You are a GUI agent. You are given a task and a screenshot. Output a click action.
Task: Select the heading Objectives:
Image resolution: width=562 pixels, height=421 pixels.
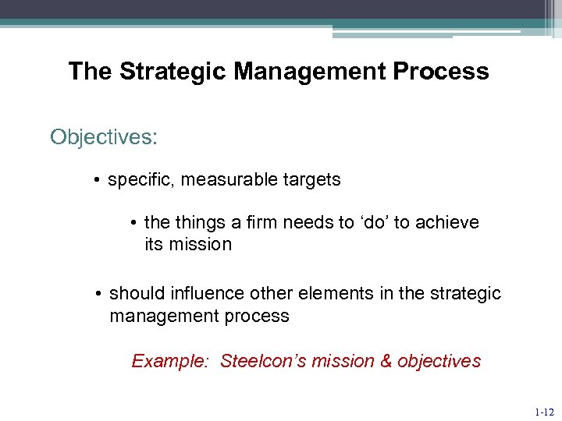(x=104, y=137)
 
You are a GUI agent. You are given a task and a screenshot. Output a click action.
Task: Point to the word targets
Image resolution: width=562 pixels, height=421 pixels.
(x=312, y=179)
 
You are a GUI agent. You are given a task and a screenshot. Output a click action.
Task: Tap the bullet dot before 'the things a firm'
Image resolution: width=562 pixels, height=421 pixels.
(x=135, y=223)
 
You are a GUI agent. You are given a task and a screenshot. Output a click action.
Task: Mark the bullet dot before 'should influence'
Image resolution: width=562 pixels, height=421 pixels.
(x=98, y=294)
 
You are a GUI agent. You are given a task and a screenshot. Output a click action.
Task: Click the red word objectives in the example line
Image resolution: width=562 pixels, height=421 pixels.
(x=439, y=361)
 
